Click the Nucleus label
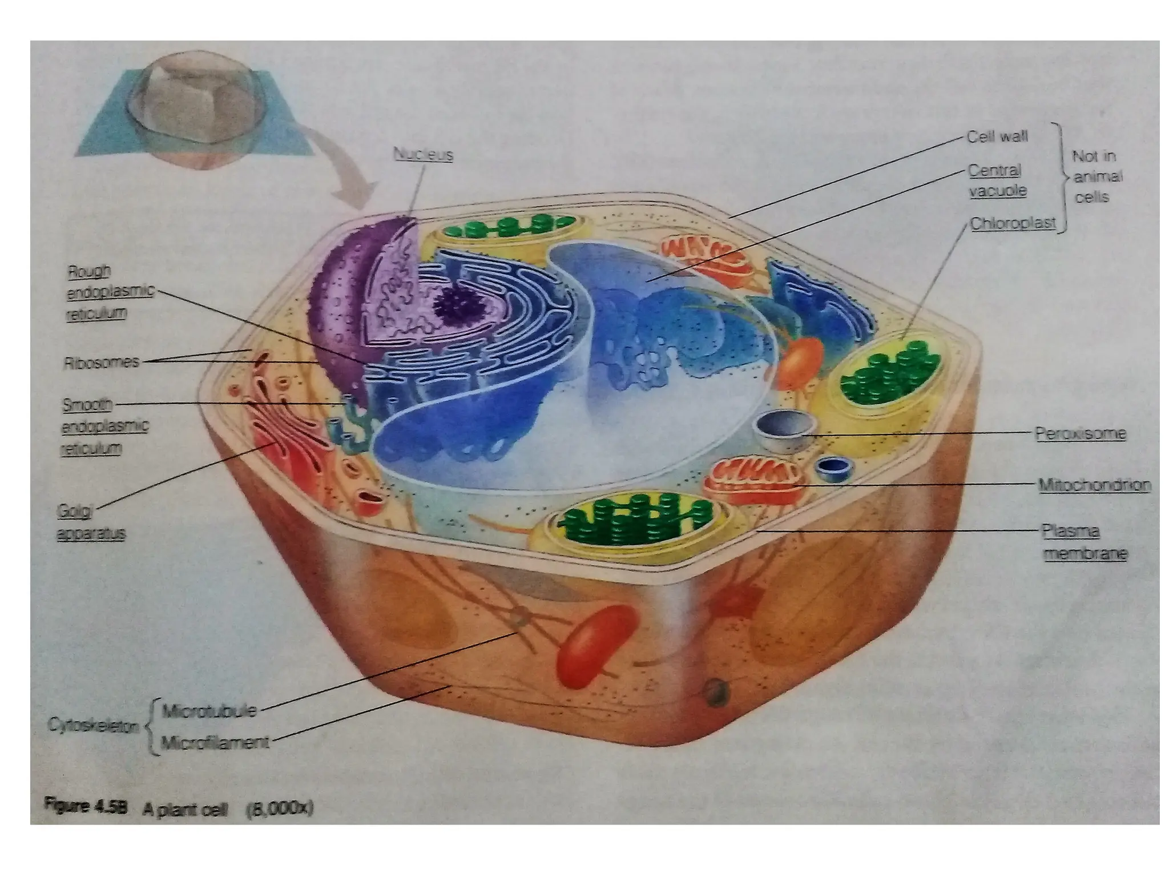(423, 155)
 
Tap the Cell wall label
(997, 136)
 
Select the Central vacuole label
(996, 180)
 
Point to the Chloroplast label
(1013, 223)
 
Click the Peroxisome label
(1080, 433)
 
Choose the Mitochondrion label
(1094, 485)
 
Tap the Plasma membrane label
(1085, 542)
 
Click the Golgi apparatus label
(91, 522)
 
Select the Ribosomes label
(102, 362)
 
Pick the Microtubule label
(209, 711)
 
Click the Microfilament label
(215, 743)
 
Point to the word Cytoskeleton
(94, 726)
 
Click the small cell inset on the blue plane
(194, 108)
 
